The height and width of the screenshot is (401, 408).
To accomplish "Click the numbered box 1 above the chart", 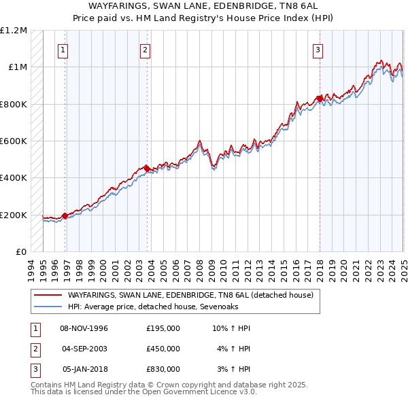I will click(63, 49).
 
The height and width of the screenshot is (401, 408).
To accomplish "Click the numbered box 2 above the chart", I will click(146, 49).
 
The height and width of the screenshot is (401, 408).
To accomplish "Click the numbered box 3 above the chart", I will click(318, 49).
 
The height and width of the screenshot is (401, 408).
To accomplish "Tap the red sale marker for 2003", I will click(147, 168).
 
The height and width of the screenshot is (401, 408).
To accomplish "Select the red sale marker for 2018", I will click(320, 98).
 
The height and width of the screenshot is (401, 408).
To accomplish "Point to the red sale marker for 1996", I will click(65, 215).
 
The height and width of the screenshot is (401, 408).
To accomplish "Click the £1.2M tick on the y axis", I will click(14, 31).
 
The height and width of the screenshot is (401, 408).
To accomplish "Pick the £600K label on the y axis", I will click(14, 141).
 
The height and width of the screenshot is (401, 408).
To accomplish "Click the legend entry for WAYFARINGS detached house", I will click(190, 296).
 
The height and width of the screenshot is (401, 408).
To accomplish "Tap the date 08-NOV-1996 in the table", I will click(84, 328).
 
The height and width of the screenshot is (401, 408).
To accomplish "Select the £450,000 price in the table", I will click(163, 349).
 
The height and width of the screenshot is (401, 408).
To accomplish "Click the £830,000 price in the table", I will click(163, 369).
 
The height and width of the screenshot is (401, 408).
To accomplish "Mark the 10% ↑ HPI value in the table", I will click(232, 328).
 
